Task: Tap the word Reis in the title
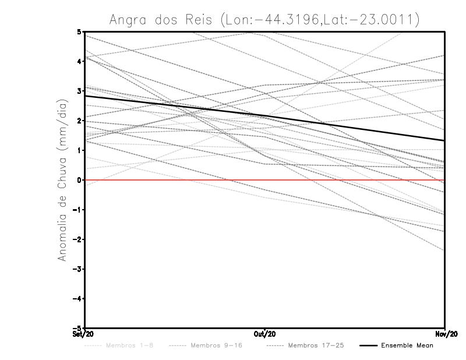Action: click(200, 20)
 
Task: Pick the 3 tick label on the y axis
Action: click(79, 91)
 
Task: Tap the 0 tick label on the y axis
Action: click(79, 180)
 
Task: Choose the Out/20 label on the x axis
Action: click(265, 334)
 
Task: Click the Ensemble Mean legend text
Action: click(407, 346)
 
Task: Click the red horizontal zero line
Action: click(175, 180)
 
